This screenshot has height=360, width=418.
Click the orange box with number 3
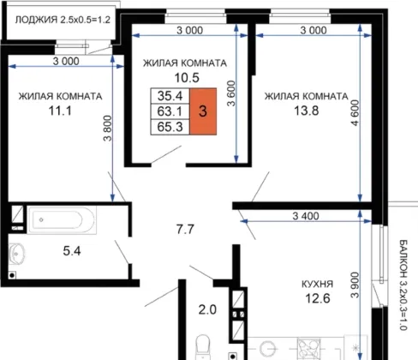click(x=203, y=111)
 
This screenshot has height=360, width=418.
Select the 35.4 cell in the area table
click(x=170, y=96)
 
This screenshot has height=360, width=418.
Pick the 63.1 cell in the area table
click(x=170, y=111)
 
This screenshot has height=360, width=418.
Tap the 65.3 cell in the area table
click(x=170, y=127)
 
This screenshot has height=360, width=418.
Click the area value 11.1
click(x=60, y=111)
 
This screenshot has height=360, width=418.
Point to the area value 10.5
click(x=187, y=77)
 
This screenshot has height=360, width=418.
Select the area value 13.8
click(x=307, y=111)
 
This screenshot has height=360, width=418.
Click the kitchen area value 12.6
click(x=318, y=298)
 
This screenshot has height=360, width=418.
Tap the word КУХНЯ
click(x=317, y=284)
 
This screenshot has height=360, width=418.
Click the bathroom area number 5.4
click(x=72, y=251)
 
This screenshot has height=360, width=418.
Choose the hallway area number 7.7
click(x=185, y=229)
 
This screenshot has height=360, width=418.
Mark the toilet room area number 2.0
click(x=207, y=309)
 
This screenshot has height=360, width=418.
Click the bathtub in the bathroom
click(x=62, y=219)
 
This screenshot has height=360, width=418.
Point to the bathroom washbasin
click(x=16, y=253)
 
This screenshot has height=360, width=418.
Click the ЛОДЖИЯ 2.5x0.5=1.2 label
click(x=63, y=20)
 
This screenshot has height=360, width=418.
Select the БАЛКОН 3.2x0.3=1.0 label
click(x=403, y=285)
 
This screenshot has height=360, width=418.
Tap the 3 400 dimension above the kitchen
click(x=306, y=216)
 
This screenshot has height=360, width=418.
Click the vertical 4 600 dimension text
click(x=355, y=113)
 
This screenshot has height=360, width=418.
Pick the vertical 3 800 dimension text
click(x=108, y=129)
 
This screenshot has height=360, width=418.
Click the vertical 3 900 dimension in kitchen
click(x=355, y=285)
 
